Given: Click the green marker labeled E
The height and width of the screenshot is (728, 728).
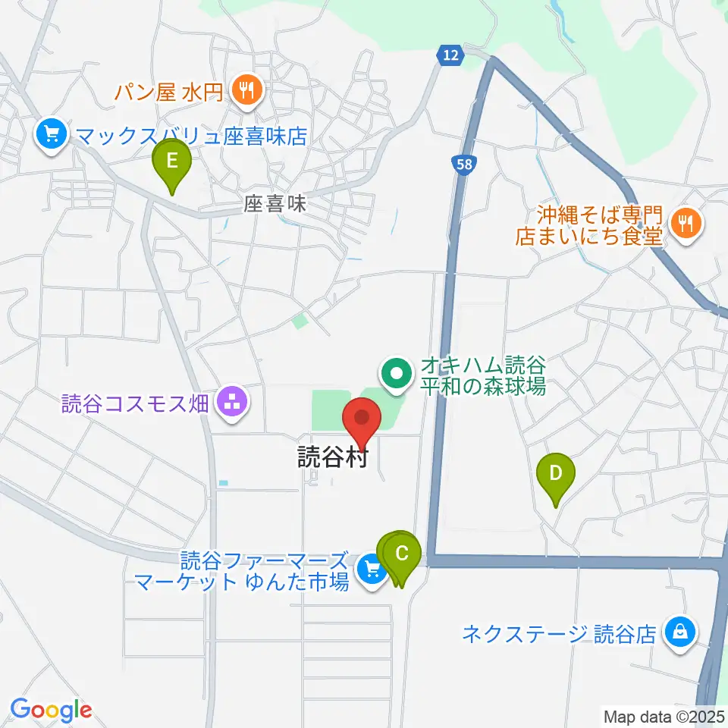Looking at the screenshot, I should pos(172,162).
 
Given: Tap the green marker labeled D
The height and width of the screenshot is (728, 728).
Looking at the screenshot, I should pos(555,475).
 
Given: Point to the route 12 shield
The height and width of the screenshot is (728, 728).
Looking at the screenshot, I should pos(450,55).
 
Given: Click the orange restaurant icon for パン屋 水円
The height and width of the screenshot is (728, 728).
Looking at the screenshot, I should pos(247,92).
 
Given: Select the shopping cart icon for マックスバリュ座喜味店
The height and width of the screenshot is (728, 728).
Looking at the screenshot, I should pos(52,136).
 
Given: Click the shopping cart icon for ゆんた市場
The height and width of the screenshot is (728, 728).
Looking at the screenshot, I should pos(371,569).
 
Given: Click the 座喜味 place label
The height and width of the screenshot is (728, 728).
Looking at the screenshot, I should pos(275,204).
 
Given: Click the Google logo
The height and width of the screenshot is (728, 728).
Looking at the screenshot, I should pos(51,710).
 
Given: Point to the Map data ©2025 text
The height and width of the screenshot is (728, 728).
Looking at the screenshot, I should pos(664,715).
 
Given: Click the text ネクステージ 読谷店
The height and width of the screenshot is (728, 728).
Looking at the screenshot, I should pos(559,633).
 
